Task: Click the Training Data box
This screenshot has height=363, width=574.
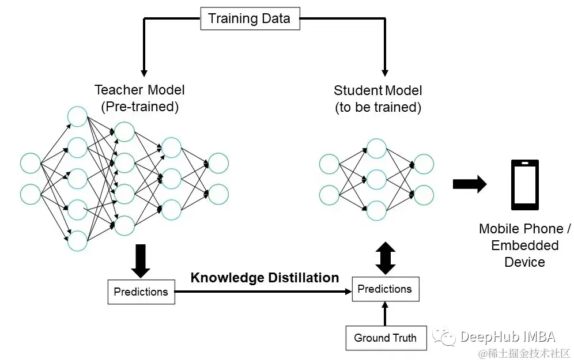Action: point(249,18)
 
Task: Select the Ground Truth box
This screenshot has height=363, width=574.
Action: point(385,338)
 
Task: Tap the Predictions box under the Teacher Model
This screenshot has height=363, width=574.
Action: point(141,292)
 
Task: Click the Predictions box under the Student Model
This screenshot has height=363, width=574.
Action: point(384,289)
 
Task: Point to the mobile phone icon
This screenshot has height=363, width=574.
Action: point(525,185)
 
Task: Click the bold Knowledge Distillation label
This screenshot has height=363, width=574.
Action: point(265,278)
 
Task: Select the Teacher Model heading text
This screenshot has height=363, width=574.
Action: point(139,90)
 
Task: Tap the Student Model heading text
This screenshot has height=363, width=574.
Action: point(378,90)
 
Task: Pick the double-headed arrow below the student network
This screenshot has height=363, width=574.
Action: point(385,258)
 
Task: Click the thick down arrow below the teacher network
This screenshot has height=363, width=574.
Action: point(141,260)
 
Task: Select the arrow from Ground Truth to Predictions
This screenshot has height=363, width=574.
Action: point(385,314)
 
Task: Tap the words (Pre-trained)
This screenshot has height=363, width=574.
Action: point(139,107)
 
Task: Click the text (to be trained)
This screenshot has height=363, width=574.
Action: point(378,107)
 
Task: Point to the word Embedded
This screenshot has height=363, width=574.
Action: point(524,245)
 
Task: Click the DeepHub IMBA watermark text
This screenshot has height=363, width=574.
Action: point(507,336)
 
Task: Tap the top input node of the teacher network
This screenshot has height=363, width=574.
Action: point(31,163)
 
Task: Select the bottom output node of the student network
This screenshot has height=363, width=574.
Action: point(424,195)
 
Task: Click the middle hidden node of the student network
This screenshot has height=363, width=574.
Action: point(376,179)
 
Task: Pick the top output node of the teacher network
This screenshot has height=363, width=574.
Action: point(218,162)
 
